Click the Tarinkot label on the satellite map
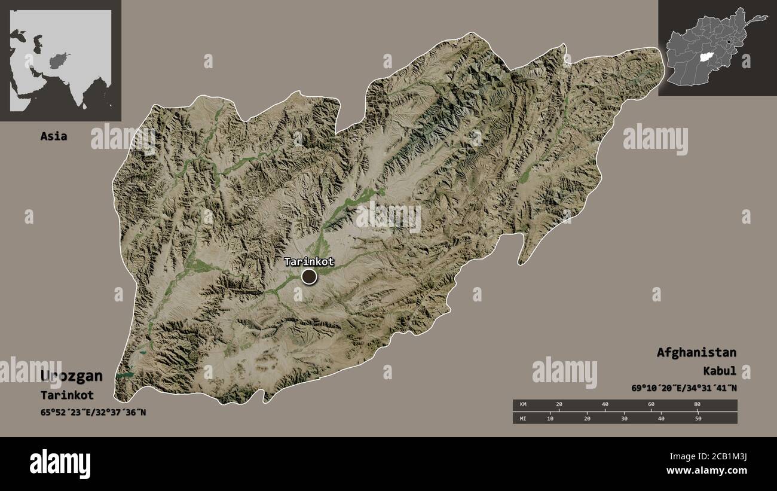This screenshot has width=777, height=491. tap(308, 261)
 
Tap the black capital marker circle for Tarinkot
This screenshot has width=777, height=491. tap(309, 276)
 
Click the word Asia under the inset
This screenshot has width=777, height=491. tap(53, 136)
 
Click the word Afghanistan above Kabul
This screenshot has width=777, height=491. tap(696, 352)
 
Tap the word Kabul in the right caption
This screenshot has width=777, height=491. tap(721, 371)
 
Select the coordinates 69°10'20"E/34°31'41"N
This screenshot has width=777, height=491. tap(684, 388)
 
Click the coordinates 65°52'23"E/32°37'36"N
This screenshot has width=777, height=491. tap(93, 412)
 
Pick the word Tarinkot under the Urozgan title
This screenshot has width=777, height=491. tap(67, 395)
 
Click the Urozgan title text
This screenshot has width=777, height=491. tap(72, 376)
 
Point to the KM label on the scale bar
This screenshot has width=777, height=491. tap(523, 405)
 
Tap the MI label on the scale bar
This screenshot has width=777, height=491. tap(523, 419)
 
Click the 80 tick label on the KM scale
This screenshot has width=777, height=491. tap(697, 405)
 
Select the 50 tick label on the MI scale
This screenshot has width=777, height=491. tap(698, 419)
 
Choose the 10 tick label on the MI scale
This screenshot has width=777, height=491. tap(550, 419)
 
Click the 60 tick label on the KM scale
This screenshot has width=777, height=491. tap(651, 405)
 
